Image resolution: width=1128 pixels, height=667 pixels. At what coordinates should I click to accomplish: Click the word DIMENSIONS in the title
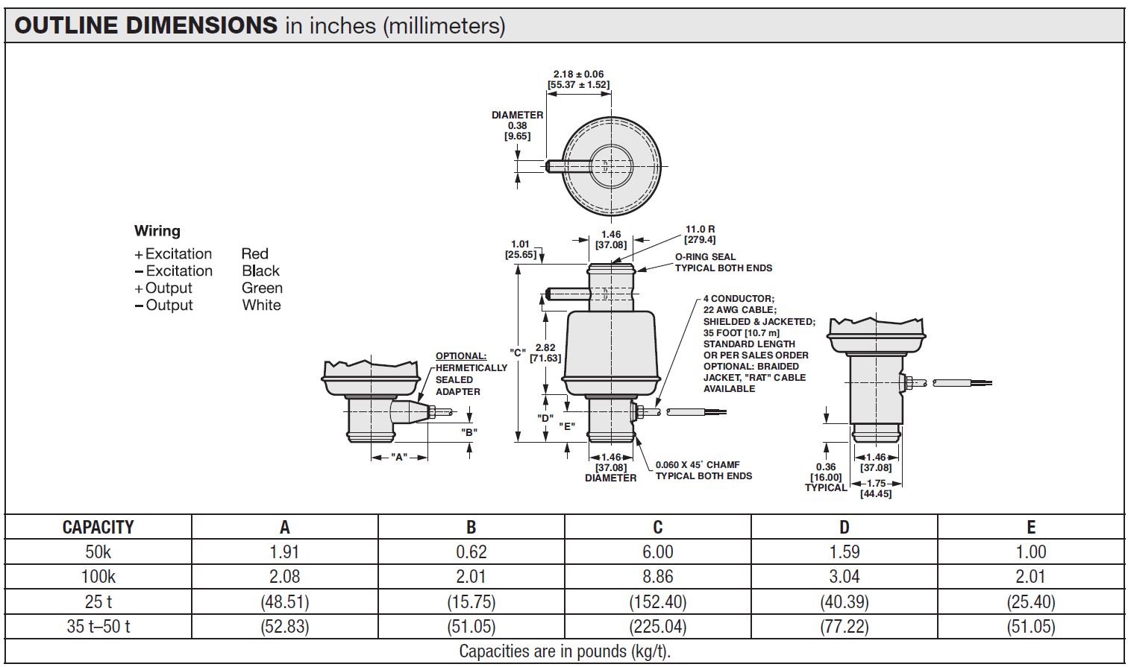(201, 25)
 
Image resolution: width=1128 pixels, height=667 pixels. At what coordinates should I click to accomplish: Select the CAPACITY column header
(98, 527)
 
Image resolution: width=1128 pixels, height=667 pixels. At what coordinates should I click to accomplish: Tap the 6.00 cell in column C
(657, 552)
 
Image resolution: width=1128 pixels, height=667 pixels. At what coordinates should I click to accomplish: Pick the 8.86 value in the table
(657, 577)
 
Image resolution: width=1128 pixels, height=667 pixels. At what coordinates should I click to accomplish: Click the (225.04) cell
(657, 627)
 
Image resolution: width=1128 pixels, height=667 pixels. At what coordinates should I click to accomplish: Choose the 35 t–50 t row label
(98, 627)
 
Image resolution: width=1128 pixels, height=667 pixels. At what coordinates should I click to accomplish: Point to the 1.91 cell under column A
(284, 552)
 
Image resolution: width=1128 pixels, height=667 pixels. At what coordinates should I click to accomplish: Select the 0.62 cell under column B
(471, 552)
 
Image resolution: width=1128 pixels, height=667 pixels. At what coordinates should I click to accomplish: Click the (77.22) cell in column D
(844, 627)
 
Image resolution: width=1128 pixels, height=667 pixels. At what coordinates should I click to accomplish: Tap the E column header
(1031, 527)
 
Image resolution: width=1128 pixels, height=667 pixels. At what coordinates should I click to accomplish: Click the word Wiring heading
(157, 231)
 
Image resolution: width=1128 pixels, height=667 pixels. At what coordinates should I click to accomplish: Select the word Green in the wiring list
(262, 288)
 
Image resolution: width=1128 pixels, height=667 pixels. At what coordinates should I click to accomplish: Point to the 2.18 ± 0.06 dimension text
(578, 75)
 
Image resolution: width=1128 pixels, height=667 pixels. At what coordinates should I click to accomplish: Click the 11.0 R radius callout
(700, 230)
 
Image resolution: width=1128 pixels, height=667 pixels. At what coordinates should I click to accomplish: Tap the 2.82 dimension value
(545, 348)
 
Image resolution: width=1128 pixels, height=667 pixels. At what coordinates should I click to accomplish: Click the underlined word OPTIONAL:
(460, 356)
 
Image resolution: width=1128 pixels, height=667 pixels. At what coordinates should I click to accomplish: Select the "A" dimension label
(398, 457)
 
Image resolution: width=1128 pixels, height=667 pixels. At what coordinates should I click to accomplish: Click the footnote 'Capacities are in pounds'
(564, 651)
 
